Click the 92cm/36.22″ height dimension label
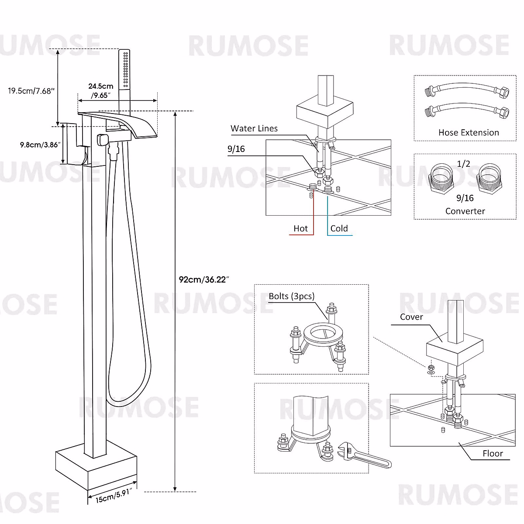204,279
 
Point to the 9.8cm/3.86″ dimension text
39,145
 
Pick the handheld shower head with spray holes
124,70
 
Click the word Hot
300,228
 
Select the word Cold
339,228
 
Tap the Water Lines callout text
254,128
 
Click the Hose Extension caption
469,133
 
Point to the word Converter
465,211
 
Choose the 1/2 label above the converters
463,164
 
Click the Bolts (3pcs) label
291,296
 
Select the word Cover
411,317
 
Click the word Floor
493,454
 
